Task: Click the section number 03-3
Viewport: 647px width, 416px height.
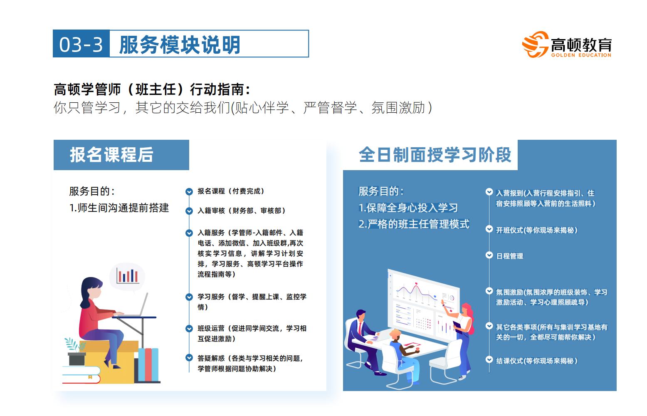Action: tap(81, 45)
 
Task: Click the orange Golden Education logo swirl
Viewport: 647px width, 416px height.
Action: tap(535, 45)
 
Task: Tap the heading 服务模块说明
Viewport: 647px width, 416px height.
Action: tap(180, 45)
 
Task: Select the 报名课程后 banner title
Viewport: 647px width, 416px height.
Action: tap(111, 155)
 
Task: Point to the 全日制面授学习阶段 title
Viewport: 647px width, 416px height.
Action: tap(435, 155)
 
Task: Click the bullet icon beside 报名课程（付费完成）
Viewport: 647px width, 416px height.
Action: tap(189, 191)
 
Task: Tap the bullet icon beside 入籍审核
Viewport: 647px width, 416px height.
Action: tap(189, 211)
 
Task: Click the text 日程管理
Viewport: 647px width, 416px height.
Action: tap(509, 256)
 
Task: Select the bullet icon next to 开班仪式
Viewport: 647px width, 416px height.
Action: tap(489, 229)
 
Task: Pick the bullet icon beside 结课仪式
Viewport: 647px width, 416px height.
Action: tap(489, 360)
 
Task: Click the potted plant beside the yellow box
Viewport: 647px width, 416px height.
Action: tap(76, 352)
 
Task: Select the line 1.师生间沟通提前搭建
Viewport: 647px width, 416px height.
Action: tap(119, 208)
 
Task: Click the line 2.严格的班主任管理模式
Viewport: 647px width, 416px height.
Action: tap(414, 224)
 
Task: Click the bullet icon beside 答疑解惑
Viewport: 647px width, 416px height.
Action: tap(189, 358)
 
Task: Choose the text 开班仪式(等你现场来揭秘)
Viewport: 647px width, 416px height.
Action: tap(537, 230)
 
